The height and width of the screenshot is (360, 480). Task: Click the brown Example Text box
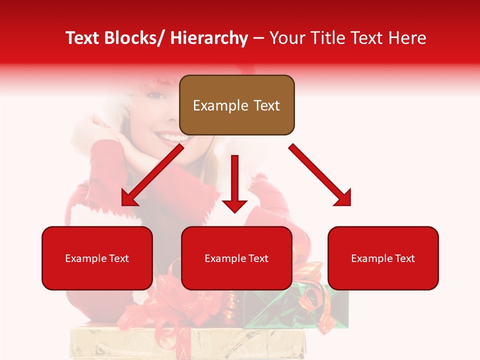pos(236,105)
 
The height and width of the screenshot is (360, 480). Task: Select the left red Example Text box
pos(97,258)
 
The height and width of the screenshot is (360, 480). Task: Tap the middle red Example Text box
pos(236,258)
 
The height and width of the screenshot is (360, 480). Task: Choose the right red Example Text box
pos(383,258)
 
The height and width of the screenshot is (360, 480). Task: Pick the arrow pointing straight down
pos(234,185)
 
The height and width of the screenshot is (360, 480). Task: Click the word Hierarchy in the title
pos(209,38)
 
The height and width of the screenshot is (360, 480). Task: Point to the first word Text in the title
pos(84,38)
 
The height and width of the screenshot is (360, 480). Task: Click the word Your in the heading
pos(286,38)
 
